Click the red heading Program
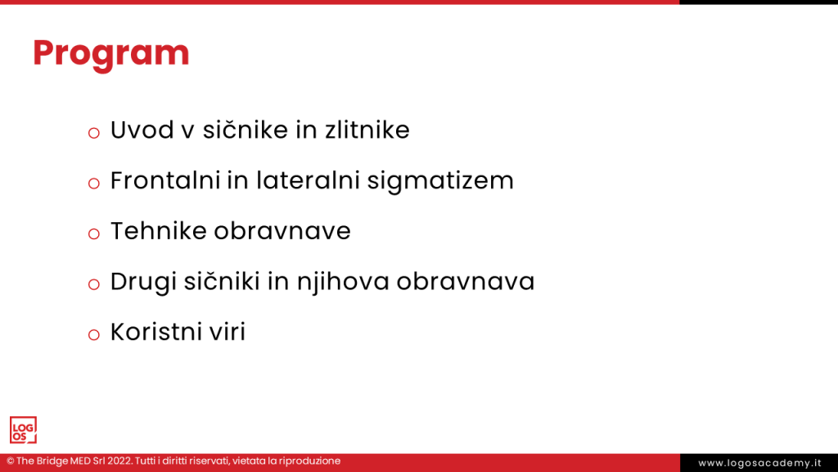coord(110,53)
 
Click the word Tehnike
coord(158,231)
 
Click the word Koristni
coord(155,333)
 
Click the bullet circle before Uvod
coord(94,133)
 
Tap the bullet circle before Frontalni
coord(94,184)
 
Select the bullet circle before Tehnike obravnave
coord(94,234)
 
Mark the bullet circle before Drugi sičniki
coord(94,285)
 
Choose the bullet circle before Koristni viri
coord(94,335)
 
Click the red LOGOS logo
coord(23,430)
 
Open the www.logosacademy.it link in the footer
coord(759,463)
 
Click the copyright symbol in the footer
coord(10,461)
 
